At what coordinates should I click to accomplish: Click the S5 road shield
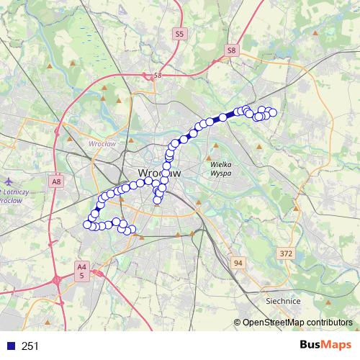179,33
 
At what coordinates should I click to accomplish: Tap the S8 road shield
231,50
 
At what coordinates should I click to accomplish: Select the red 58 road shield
156,74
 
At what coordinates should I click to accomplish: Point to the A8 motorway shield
56,183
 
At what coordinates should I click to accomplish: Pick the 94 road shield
238,264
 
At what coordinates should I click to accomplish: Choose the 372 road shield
287,253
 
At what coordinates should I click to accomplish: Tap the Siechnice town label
283,301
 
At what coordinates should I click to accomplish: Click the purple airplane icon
8,181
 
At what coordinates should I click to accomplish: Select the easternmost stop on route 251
273,112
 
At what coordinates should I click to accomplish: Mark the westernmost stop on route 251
87,225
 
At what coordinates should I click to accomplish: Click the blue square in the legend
10,346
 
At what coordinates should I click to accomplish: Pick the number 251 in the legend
31,346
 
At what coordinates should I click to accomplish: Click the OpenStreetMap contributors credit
296,323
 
